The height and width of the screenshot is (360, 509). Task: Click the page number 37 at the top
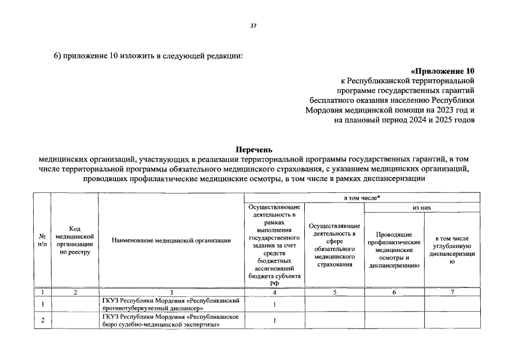tap(254, 26)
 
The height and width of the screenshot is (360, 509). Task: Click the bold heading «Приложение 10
tap(443, 71)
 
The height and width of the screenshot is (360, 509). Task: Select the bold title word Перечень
tap(254, 150)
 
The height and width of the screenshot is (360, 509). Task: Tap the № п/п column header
tap(42, 241)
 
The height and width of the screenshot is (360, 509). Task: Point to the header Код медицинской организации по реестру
tap(74, 241)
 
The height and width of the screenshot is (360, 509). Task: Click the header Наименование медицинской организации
tap(171, 241)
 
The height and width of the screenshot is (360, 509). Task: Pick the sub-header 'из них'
tap(422, 208)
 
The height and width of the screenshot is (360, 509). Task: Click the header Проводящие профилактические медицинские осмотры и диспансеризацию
tap(394, 250)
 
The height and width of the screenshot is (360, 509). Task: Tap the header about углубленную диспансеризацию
tap(452, 250)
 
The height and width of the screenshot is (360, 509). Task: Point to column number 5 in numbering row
tap(334, 292)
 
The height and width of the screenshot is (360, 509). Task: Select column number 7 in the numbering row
tap(452, 292)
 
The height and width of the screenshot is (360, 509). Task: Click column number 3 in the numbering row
tap(171, 292)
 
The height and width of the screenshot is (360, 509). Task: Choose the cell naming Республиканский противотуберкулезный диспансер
tap(171, 304)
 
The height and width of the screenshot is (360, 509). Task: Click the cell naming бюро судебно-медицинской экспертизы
tap(171, 321)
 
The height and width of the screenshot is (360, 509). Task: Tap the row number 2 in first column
tap(42, 321)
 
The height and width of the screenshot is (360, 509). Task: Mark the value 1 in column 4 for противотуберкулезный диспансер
tap(274, 304)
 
